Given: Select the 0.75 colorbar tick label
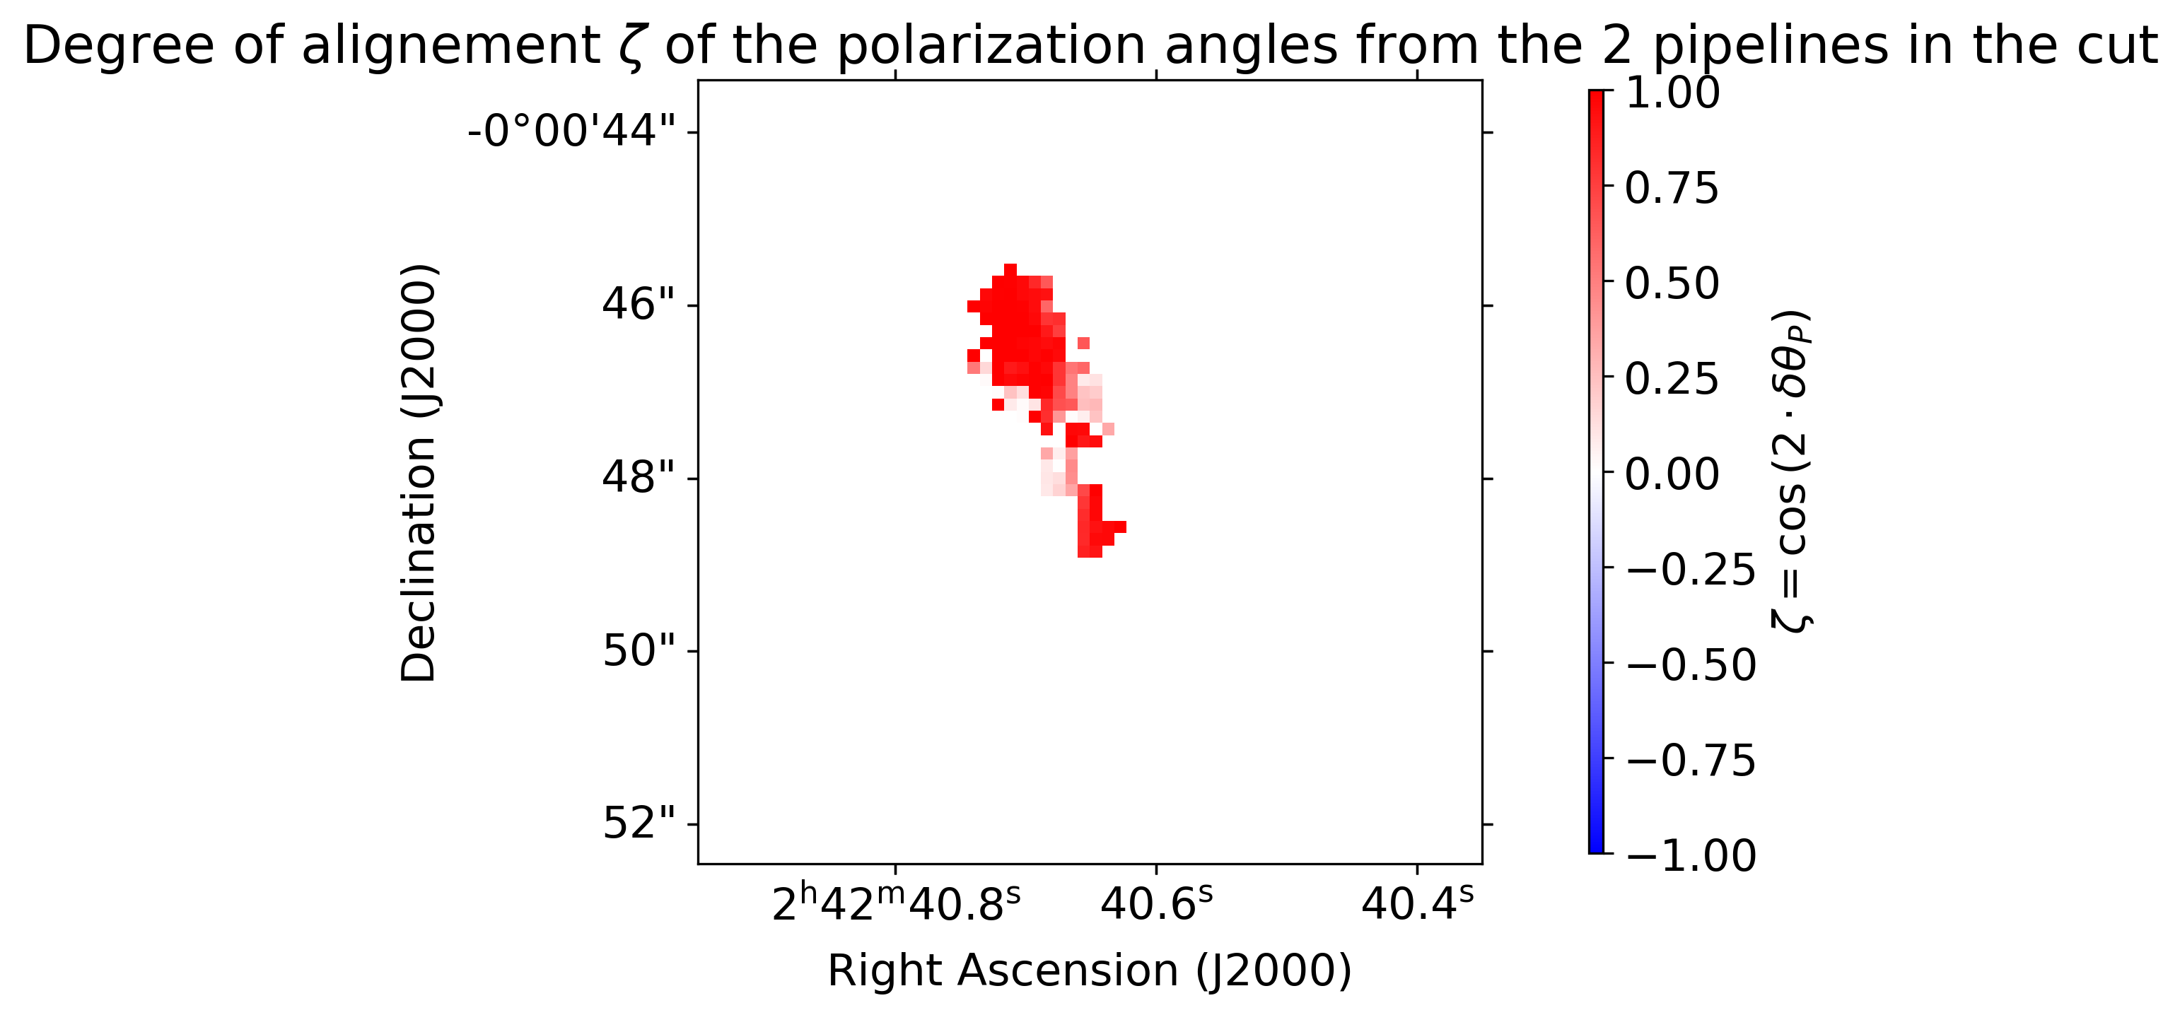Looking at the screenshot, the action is (x=1672, y=188).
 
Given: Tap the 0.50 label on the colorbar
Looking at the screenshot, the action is (x=1672, y=283).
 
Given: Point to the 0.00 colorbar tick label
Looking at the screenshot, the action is (x=1672, y=474).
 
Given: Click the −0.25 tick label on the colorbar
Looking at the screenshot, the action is (x=1691, y=569).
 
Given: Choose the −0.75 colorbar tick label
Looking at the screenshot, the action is (x=1691, y=761).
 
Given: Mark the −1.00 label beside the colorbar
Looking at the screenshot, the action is (x=1691, y=856).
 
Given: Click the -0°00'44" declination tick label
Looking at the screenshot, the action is (x=572, y=132).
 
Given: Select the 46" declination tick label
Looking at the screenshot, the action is (x=640, y=305).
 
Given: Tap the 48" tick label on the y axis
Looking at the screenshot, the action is (x=640, y=478).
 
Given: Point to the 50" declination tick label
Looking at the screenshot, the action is (x=640, y=651).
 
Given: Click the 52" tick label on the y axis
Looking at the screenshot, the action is (x=640, y=824).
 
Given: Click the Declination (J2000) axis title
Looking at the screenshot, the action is (x=418, y=473).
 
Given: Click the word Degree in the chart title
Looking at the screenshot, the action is (x=119, y=46).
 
